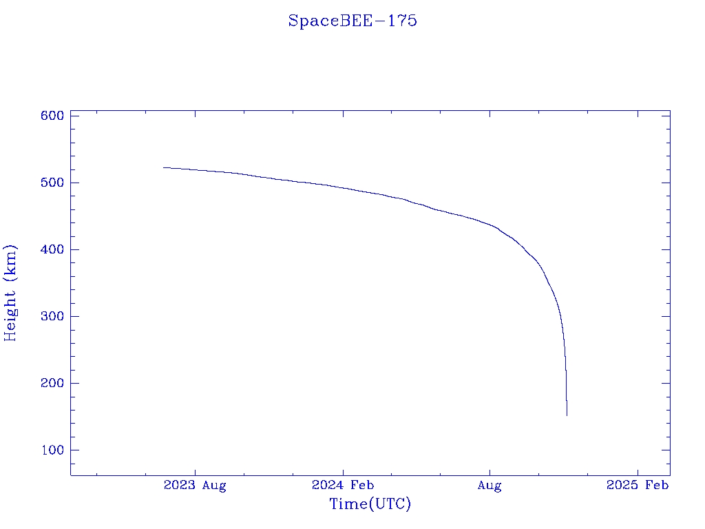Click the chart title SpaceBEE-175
352,21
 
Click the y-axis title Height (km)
10,293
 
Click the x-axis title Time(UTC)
370,504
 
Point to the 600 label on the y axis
52,116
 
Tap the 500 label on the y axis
52,183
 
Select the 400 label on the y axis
52,249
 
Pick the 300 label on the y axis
52,316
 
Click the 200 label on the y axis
52,383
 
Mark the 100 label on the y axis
52,450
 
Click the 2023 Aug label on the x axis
195,486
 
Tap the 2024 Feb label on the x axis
343,486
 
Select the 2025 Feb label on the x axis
638,486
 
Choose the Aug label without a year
490,486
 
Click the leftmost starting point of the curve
164,167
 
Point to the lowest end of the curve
567,415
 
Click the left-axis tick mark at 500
74,183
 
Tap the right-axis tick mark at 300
666,316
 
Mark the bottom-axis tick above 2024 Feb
343,471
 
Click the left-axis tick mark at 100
74,450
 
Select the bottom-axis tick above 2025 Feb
638,471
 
